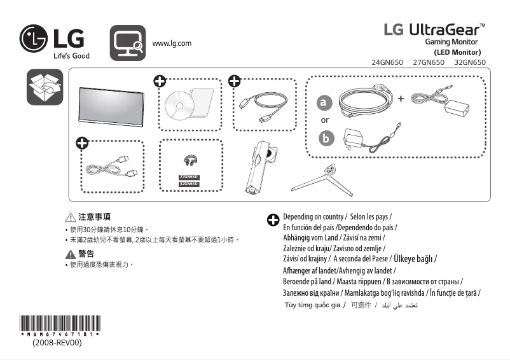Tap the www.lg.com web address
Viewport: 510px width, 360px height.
pos(172,43)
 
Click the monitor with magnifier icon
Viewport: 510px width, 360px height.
pos(128,43)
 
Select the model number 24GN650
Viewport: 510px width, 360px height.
pos(387,62)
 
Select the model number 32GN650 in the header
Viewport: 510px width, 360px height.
pos(470,62)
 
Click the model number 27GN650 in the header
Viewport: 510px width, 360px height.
pos(429,62)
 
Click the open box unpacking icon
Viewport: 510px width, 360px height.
pos(45,87)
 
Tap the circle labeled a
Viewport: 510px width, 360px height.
pos(325,102)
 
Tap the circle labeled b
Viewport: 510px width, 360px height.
pos(326,138)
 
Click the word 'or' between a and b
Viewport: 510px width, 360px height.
pos(325,120)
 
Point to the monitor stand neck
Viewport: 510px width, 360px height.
pos(264,167)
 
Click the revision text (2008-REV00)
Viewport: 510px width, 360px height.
pos(57,343)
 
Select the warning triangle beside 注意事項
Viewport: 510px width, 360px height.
pos(71,217)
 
